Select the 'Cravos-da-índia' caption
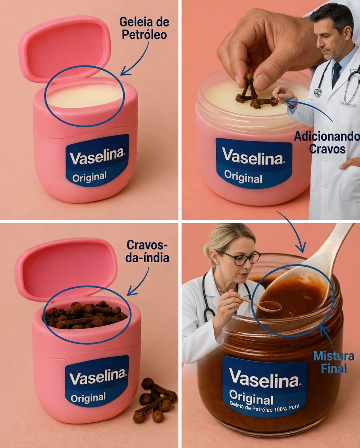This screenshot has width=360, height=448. tap(148, 251)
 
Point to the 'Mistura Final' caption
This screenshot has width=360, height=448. tap(334, 362)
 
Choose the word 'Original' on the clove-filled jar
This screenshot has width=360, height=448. tap(89, 398)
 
